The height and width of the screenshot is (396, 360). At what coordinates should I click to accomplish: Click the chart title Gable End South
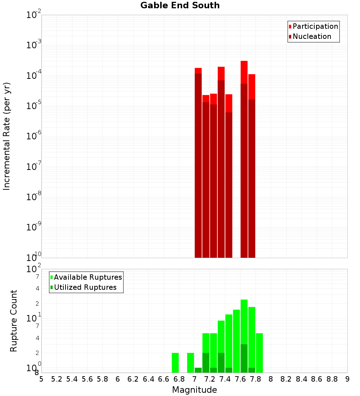point(180,5)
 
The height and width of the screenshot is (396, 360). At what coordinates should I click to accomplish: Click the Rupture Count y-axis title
point(14,321)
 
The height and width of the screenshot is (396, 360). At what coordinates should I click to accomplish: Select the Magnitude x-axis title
point(194,390)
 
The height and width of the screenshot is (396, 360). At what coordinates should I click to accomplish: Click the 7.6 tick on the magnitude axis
point(240,379)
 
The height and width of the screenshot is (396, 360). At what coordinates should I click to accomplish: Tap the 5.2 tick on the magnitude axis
point(57,379)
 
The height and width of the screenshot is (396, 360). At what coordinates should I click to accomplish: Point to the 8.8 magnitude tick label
point(332,379)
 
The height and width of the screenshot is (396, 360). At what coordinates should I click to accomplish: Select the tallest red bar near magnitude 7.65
point(244,158)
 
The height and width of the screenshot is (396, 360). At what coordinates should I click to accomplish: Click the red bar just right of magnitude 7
point(198,162)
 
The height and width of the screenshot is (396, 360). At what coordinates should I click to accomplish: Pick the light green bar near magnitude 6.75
point(175,363)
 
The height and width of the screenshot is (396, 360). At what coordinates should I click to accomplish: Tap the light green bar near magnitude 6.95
point(190,363)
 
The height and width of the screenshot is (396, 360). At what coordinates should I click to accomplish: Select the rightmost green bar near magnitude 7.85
point(259,353)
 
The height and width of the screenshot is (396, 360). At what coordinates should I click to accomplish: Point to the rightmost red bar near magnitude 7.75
point(252,166)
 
